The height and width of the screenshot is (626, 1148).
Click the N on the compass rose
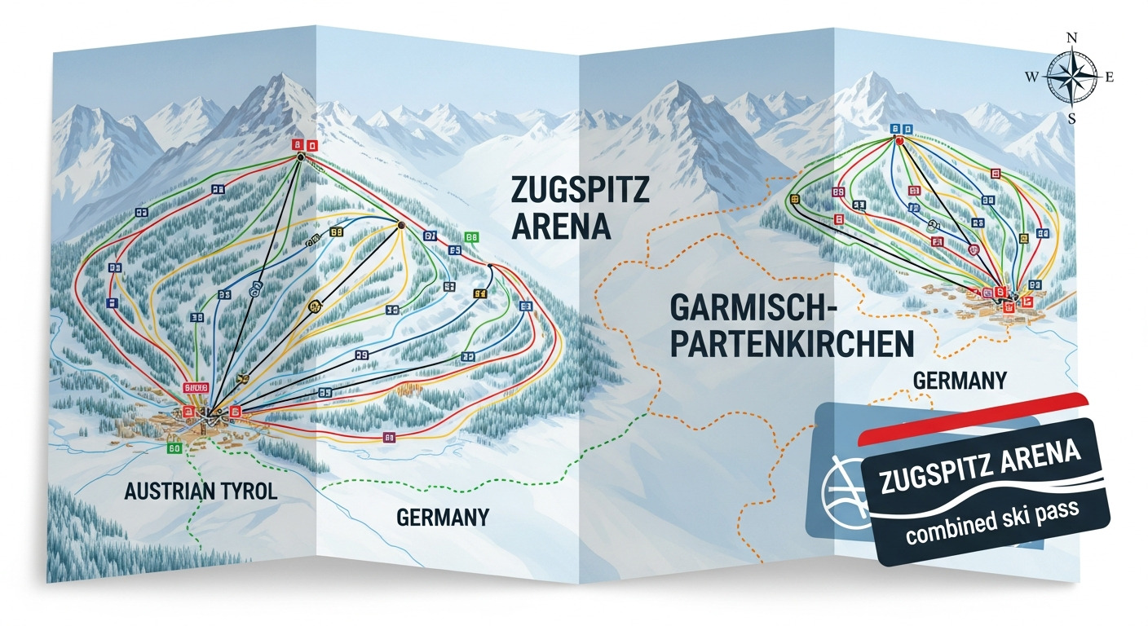(1073, 38)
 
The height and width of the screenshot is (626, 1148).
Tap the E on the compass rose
(1110, 77)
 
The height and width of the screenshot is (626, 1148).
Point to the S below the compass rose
(1072, 118)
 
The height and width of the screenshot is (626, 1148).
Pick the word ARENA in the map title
(561, 226)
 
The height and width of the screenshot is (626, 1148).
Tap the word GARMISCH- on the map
(754, 307)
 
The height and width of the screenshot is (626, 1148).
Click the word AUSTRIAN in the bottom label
(170, 492)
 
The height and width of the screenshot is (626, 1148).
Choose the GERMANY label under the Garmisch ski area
(960, 381)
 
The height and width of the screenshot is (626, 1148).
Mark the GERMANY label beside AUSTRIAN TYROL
(443, 517)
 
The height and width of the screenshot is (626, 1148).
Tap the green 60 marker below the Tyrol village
(174, 447)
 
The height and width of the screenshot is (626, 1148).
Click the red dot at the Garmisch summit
(900, 140)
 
